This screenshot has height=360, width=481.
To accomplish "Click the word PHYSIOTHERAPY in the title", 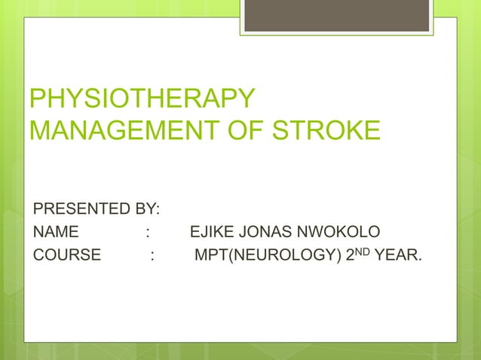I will (141, 99).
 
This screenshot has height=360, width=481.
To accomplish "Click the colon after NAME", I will (148, 230).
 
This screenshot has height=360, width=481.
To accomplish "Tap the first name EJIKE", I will (214, 230).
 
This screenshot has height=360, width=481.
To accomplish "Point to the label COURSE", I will (66, 254).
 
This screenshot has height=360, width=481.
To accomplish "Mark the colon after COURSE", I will (153, 254).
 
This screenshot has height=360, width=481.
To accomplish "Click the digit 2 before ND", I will (349, 255).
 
